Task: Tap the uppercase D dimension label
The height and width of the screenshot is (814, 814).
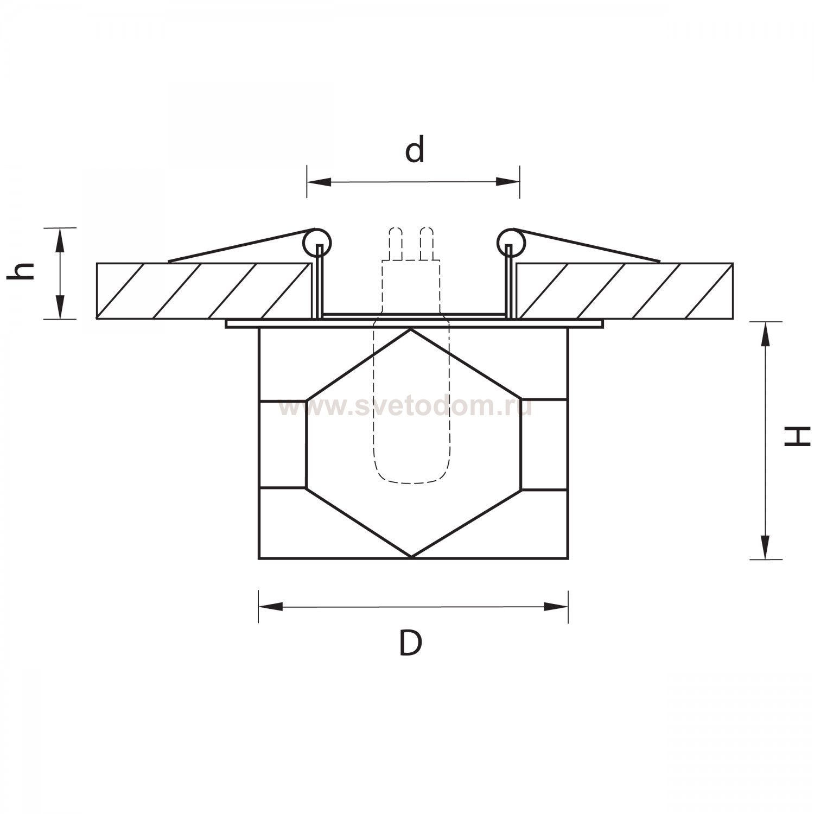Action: point(411,644)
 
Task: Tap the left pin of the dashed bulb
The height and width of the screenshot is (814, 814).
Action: point(395,243)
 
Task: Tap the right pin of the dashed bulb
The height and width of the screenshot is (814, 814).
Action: point(427,243)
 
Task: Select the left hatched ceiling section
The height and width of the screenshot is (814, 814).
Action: point(205,290)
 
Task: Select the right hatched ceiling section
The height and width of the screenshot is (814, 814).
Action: point(624,290)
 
